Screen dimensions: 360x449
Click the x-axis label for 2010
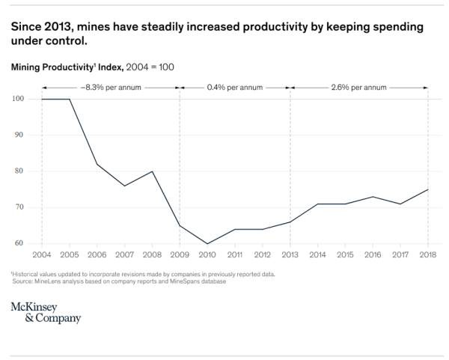(x=207, y=255)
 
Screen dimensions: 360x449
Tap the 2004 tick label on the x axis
(x=41, y=255)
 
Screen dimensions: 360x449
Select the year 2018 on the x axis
(x=427, y=255)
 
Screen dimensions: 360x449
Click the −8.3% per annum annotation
(x=110, y=87)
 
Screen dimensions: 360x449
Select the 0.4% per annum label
(x=234, y=87)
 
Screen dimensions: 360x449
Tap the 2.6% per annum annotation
(x=358, y=87)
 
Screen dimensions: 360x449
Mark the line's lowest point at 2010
(x=207, y=243)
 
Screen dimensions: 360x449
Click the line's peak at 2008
(x=152, y=171)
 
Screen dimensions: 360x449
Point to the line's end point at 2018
(x=427, y=189)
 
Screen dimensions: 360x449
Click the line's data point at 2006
(x=97, y=164)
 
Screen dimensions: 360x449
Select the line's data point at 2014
(x=317, y=204)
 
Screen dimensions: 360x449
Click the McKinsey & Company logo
(x=46, y=313)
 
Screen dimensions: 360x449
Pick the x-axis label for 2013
(x=290, y=255)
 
